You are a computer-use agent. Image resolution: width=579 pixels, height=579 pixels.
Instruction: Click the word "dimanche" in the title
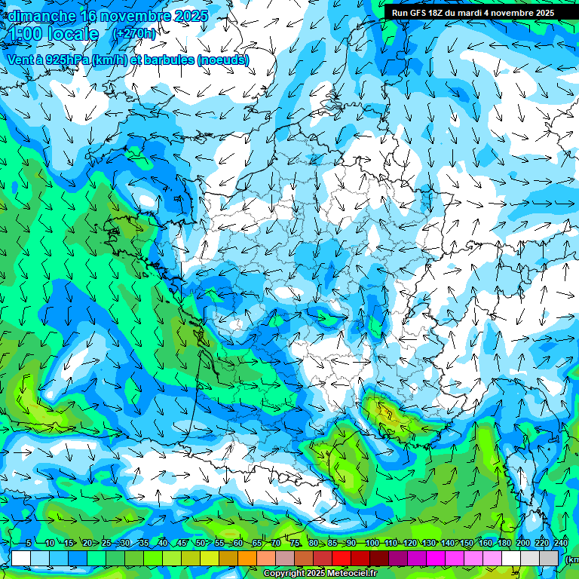click(41, 15)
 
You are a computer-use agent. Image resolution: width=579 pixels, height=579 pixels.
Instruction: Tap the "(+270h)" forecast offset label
click(134, 33)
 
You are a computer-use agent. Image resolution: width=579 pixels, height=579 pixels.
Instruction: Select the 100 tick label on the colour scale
click(372, 543)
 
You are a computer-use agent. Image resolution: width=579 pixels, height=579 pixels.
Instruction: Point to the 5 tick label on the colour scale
click(28, 543)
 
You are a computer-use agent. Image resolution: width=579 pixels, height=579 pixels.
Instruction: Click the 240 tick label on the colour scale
click(560, 543)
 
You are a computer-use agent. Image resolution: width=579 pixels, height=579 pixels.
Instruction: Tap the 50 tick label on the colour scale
click(200, 543)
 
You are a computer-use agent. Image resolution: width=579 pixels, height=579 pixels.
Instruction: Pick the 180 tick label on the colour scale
click(504, 543)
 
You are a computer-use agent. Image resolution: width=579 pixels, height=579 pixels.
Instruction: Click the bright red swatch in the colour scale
click(342, 558)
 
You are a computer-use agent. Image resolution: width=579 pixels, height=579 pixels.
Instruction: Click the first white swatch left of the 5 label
click(21, 558)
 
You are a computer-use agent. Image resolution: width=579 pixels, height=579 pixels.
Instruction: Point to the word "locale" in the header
click(72, 34)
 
